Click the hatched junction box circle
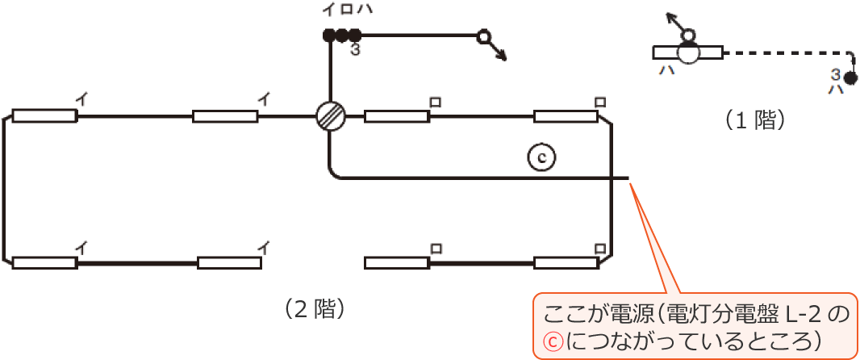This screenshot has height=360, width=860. [x=330, y=116]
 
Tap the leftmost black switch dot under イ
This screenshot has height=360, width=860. [x=329, y=36]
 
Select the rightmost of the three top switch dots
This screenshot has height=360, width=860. [x=354, y=36]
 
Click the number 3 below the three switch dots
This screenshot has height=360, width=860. [x=355, y=51]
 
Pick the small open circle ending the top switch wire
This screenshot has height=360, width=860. [x=483, y=36]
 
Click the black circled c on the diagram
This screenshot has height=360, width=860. [x=542, y=157]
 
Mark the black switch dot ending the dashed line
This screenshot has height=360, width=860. [x=850, y=78]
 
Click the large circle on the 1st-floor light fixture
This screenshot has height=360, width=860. [x=689, y=52]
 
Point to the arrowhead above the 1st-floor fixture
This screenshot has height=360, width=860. [x=670, y=16]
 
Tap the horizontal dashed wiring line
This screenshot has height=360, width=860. [x=783, y=52]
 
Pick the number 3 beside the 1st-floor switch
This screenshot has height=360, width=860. [x=836, y=74]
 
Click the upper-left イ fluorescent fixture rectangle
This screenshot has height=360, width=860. [x=44, y=116]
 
